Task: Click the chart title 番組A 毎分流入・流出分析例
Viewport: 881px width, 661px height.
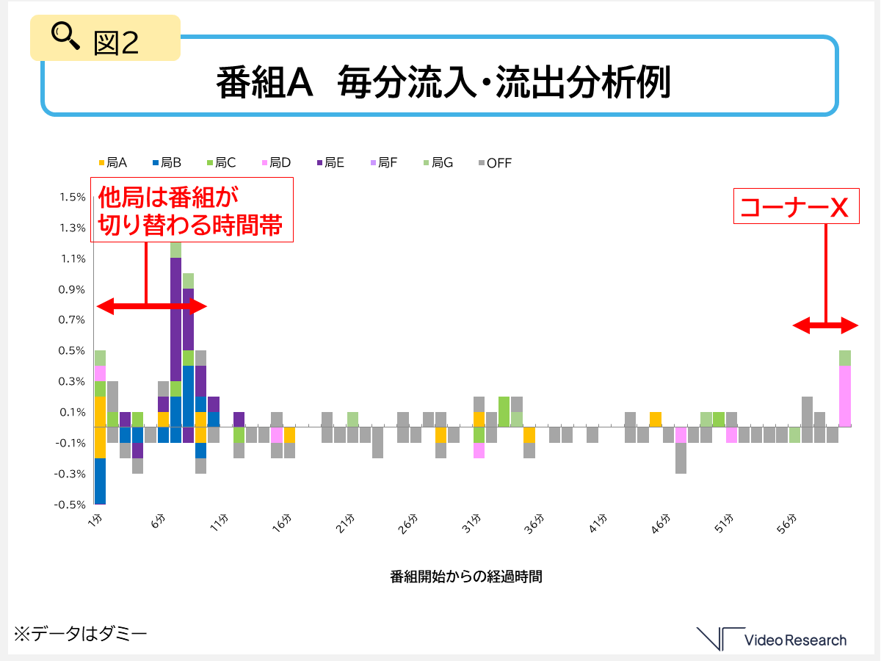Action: (443, 83)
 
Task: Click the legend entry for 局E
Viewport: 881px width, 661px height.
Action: (330, 162)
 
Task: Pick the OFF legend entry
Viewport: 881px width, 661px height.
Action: (494, 162)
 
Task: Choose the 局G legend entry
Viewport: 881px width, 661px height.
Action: (438, 162)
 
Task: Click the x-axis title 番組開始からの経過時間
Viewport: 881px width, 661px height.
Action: (466, 576)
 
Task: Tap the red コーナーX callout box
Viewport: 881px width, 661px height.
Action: (795, 207)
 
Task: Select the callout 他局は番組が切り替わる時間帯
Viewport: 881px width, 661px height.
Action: (192, 209)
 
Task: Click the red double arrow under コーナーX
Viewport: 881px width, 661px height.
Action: (825, 325)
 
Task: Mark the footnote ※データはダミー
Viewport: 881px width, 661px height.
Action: (80, 633)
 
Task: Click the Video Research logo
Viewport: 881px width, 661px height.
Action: (772, 639)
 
